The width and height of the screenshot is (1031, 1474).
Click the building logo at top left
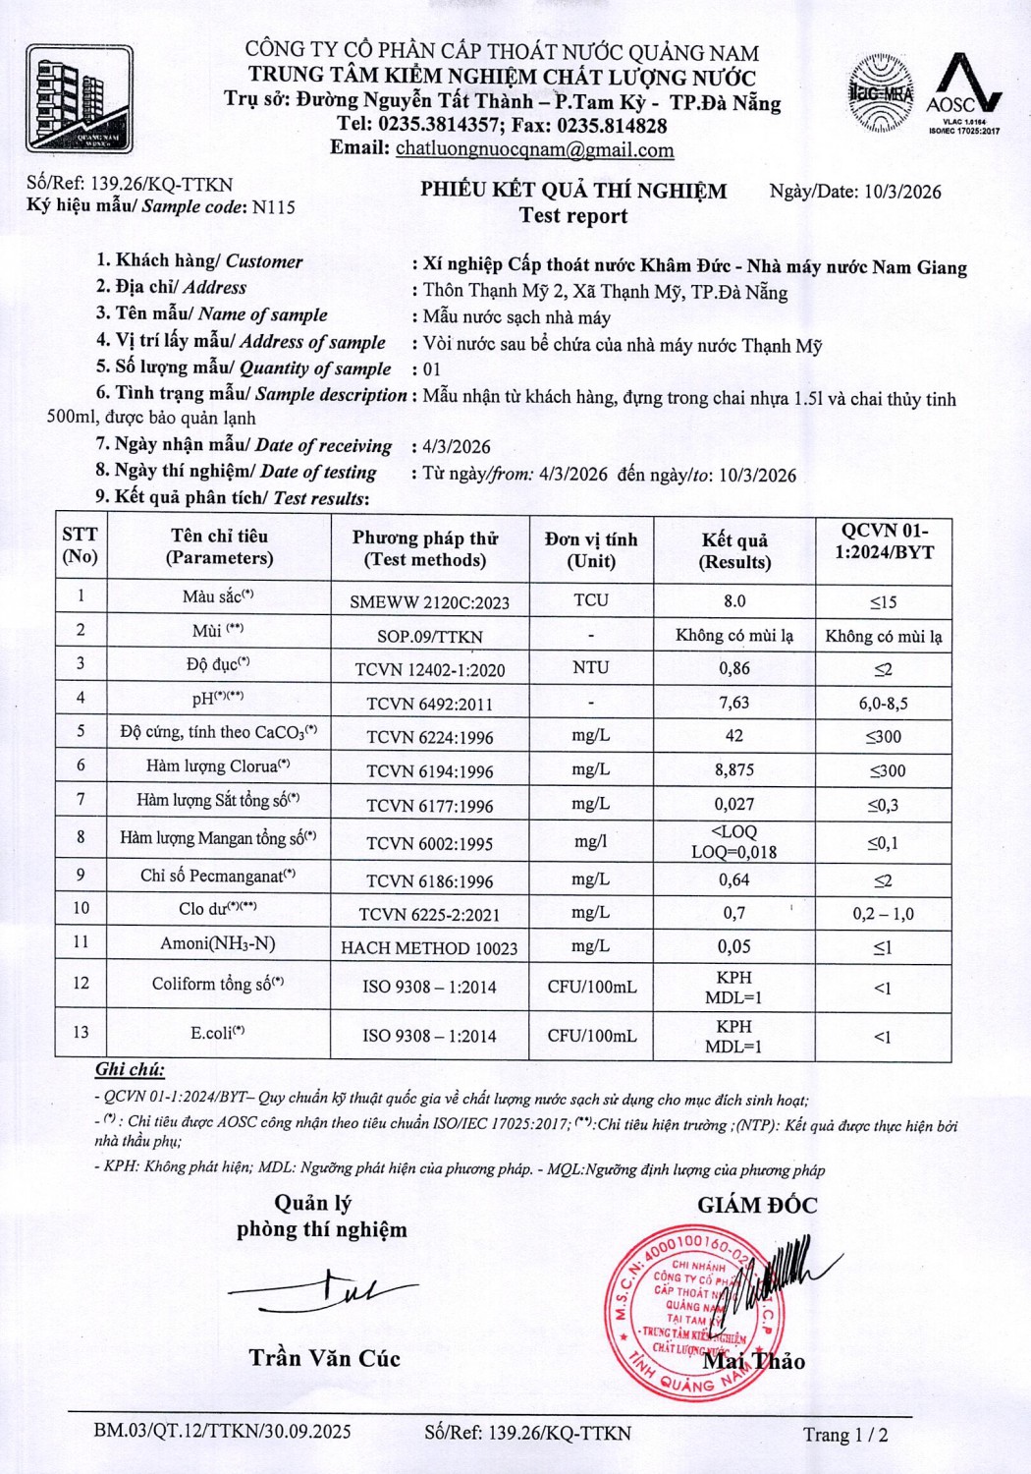click(80, 99)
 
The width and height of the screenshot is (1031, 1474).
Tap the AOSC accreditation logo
click(963, 96)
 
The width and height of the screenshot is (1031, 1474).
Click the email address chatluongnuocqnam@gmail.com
click(534, 149)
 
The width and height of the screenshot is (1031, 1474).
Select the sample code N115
click(273, 207)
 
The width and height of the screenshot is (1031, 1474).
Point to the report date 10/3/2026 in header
click(902, 192)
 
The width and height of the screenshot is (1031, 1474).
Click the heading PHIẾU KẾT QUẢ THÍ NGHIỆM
click(573, 191)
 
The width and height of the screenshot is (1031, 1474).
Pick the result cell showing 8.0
click(733, 600)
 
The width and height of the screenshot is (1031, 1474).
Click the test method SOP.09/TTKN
click(429, 636)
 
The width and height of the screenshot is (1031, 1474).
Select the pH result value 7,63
click(733, 702)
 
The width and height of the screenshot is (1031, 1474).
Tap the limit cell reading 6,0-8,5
click(883, 703)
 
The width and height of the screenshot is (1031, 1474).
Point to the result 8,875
click(733, 770)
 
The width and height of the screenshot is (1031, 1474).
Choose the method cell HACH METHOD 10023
click(430, 947)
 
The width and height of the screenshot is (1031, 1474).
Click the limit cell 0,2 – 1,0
click(883, 914)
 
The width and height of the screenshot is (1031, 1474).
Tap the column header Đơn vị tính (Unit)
click(591, 550)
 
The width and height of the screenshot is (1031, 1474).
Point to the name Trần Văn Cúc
click(325, 1358)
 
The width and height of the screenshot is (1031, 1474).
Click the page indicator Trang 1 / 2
click(845, 1435)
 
